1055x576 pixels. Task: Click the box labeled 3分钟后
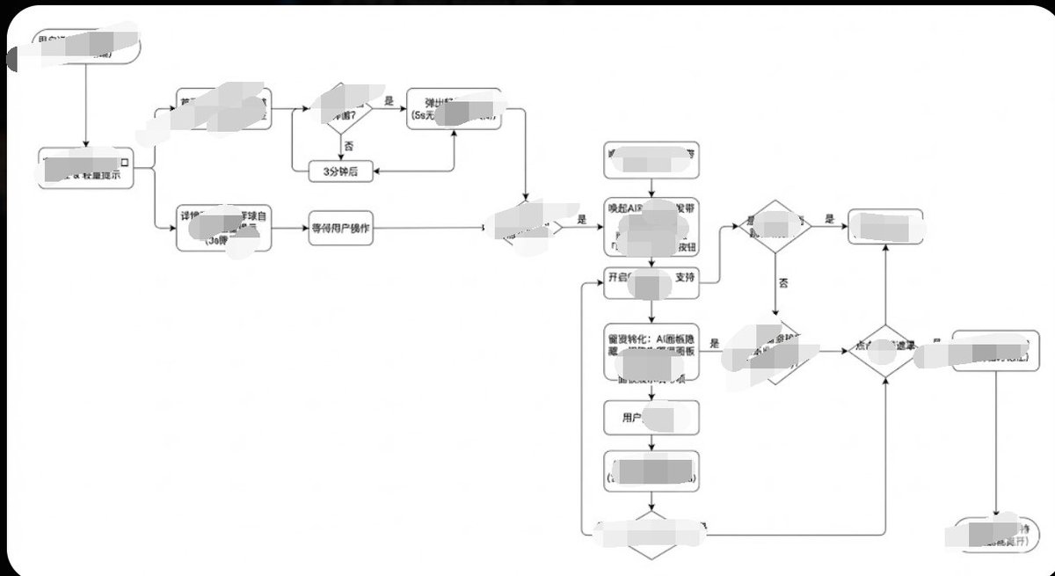(x=340, y=171)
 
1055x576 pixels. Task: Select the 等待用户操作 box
(x=340, y=227)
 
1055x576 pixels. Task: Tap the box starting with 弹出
(x=453, y=109)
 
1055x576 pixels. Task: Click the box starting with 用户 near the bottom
(x=651, y=418)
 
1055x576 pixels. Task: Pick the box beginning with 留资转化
(x=651, y=350)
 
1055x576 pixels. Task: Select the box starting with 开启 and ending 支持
(x=651, y=278)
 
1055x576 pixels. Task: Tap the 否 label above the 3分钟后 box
(x=348, y=145)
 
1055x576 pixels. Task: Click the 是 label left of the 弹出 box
(x=389, y=101)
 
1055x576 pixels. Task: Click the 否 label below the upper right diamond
(x=783, y=283)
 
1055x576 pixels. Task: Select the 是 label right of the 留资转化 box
(x=715, y=345)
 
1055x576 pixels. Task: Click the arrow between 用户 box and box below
(x=651, y=442)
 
